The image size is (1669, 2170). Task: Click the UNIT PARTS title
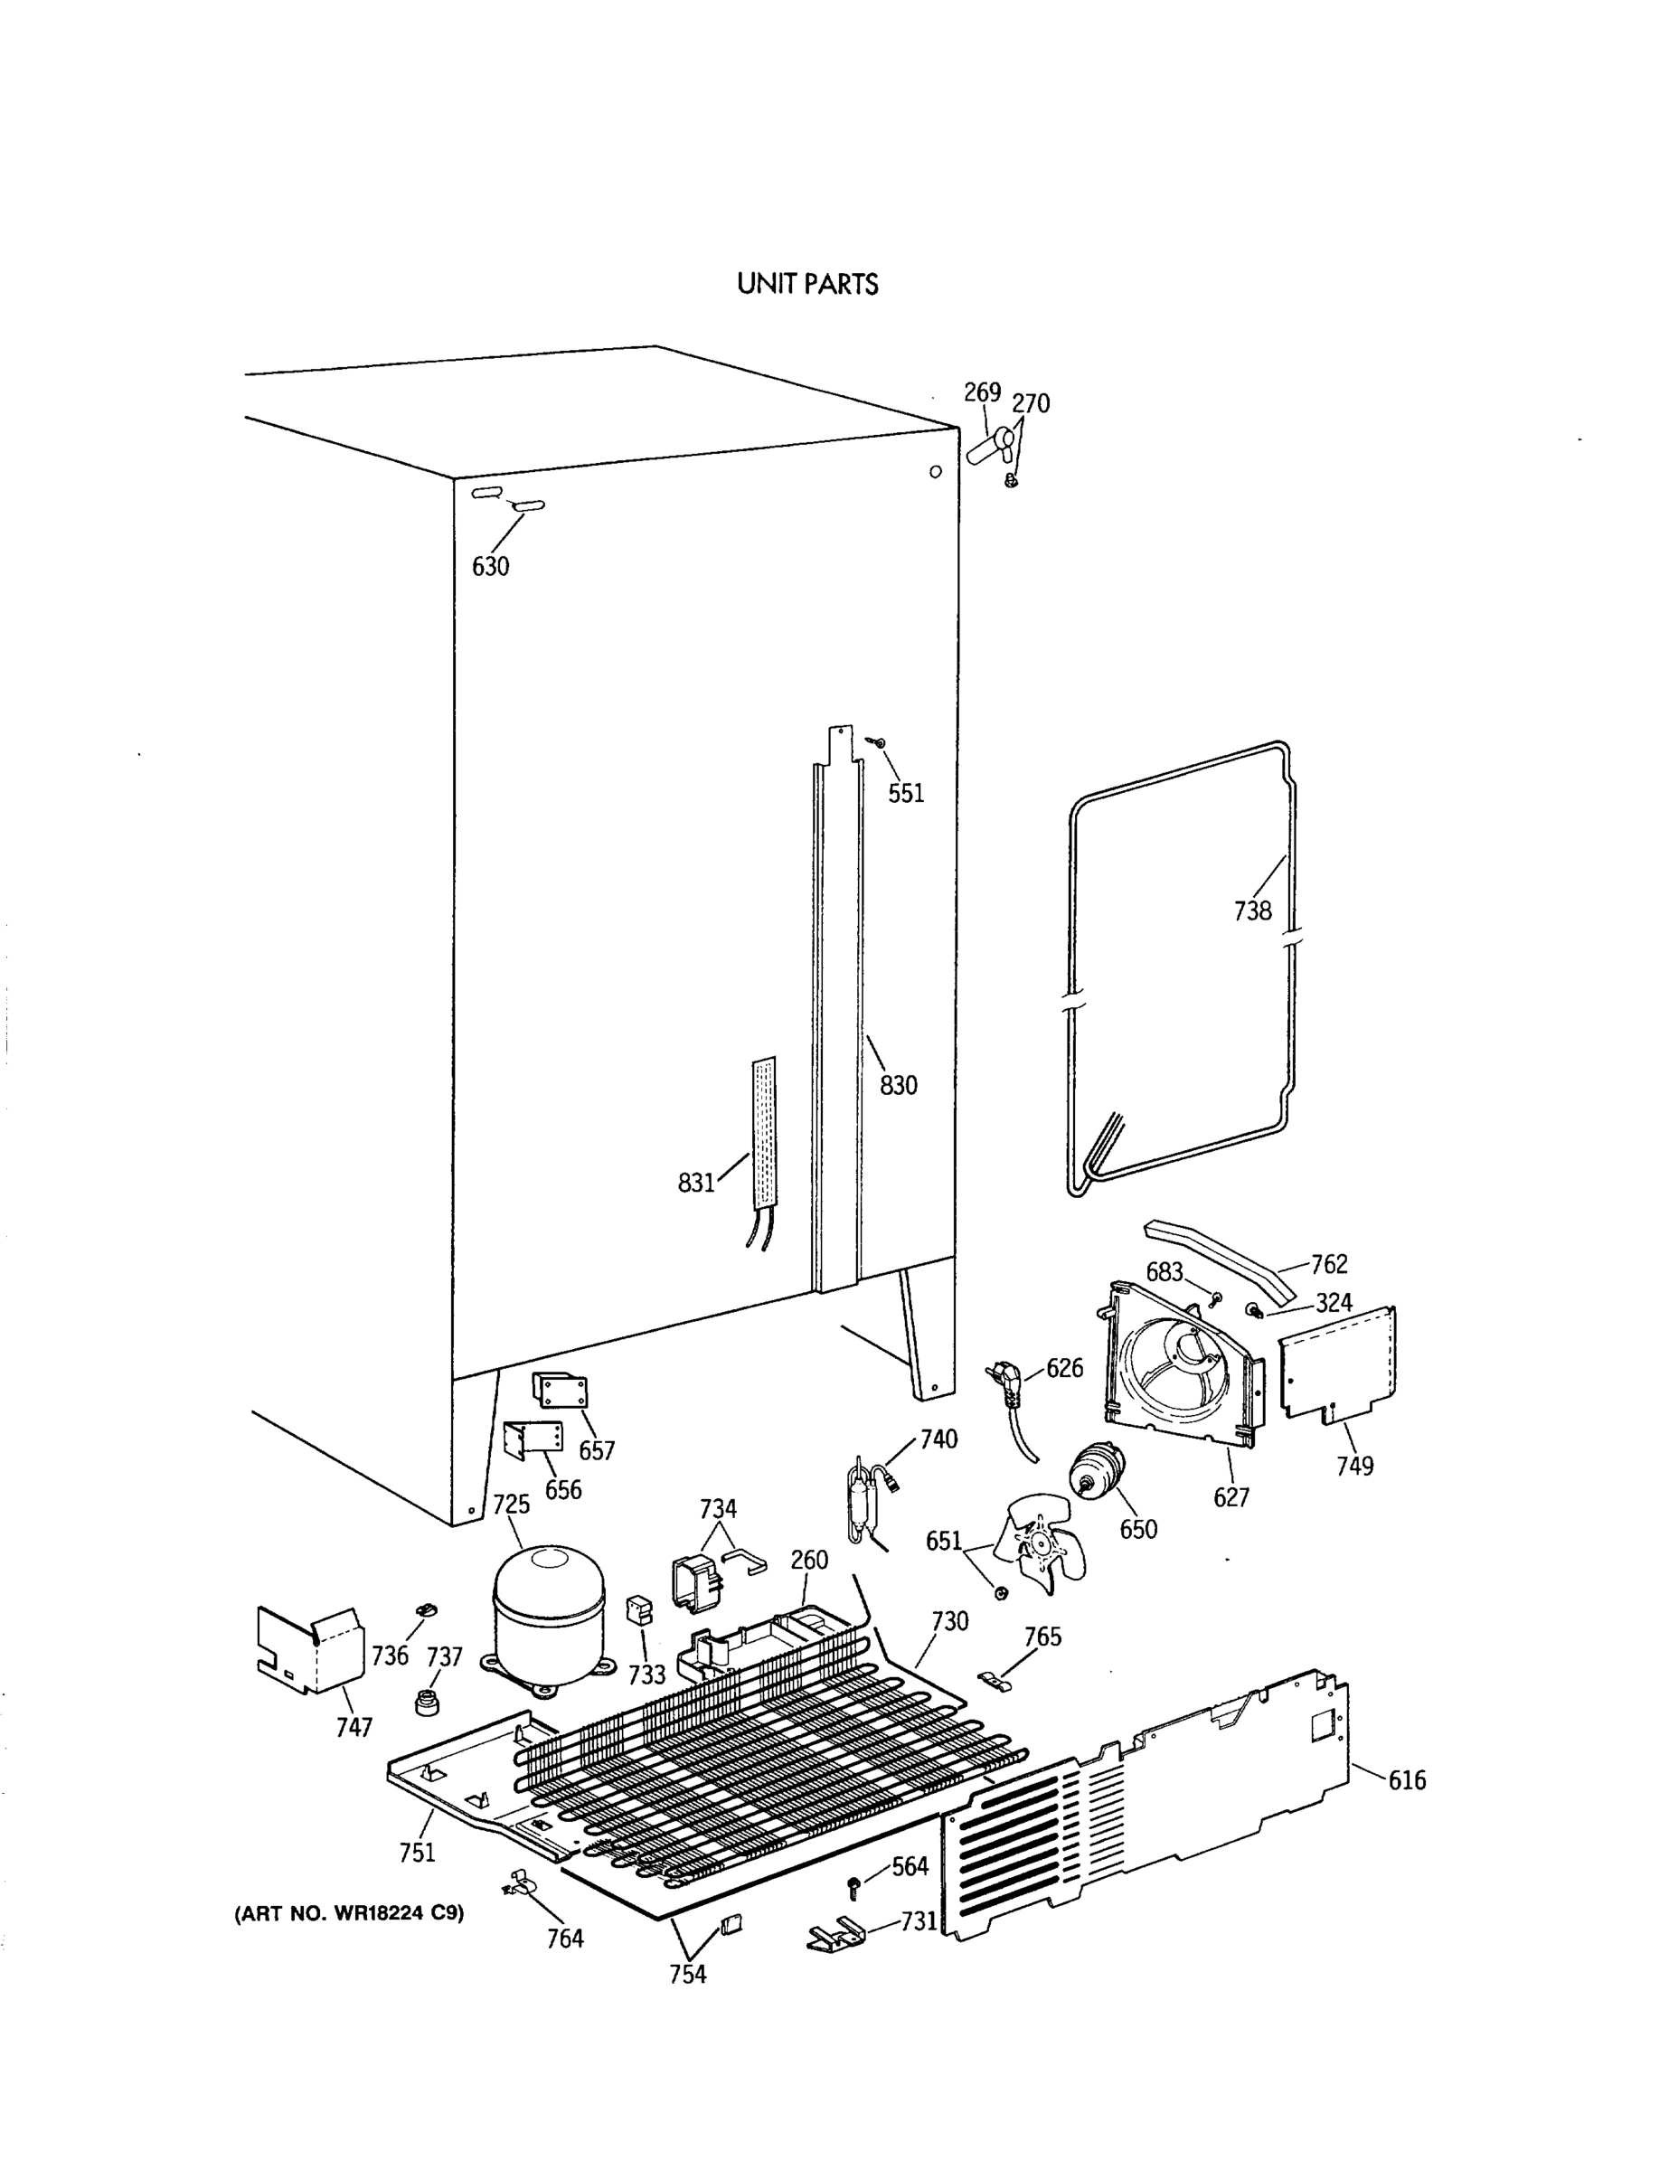click(x=806, y=284)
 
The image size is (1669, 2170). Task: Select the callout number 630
click(x=490, y=566)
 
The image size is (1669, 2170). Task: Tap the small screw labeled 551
click(x=877, y=742)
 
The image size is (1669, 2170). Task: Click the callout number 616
click(x=1407, y=1780)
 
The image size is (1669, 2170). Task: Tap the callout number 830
click(x=898, y=1085)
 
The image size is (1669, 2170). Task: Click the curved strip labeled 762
click(x=1224, y=1256)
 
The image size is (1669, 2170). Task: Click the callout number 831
click(x=695, y=1183)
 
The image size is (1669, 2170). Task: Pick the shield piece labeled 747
click(x=309, y=1650)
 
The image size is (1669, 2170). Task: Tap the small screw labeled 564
click(x=852, y=1885)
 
